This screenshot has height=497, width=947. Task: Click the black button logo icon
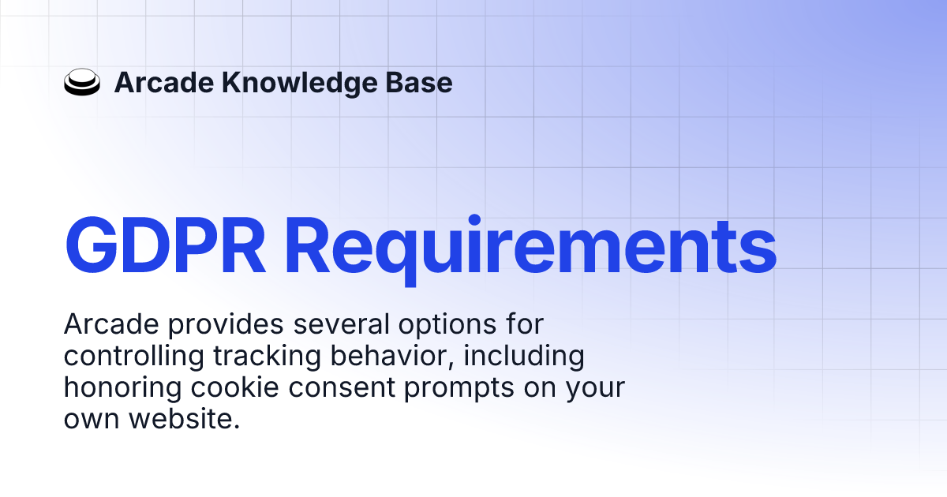81,83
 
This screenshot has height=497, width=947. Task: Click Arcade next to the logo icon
162,83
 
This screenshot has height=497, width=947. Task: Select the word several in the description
323,324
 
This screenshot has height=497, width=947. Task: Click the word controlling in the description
132,356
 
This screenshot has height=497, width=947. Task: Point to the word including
524,356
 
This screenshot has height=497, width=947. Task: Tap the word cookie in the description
226,387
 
